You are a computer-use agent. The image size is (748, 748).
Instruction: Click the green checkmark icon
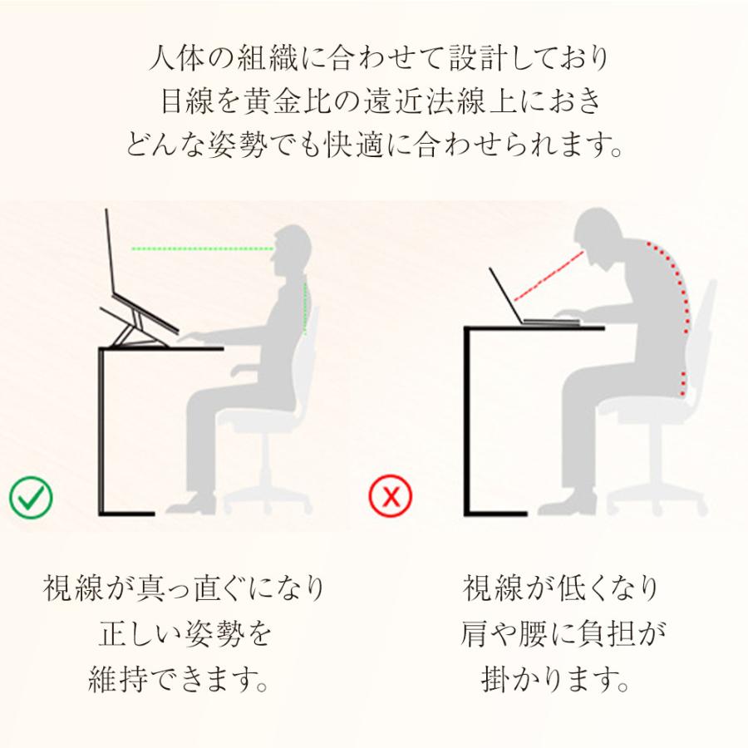(31, 497)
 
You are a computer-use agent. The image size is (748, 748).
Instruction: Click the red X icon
(391, 497)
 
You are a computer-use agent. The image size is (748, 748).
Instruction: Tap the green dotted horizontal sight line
(203, 248)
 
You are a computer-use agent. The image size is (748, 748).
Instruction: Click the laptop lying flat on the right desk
(532, 308)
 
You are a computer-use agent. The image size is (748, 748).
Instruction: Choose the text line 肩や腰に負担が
(563, 635)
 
